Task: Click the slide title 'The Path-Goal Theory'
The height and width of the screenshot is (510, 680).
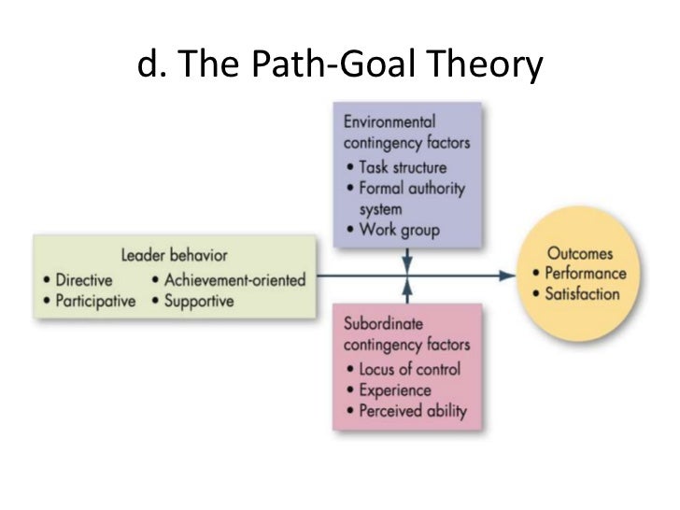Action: (x=340, y=65)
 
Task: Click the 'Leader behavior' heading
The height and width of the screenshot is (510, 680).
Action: (x=174, y=254)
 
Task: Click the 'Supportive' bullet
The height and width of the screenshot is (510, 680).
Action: (x=200, y=302)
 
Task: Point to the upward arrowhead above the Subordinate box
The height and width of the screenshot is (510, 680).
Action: (x=407, y=289)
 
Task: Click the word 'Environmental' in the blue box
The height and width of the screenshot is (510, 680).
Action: (x=390, y=122)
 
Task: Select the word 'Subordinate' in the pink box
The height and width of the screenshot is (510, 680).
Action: (x=383, y=324)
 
